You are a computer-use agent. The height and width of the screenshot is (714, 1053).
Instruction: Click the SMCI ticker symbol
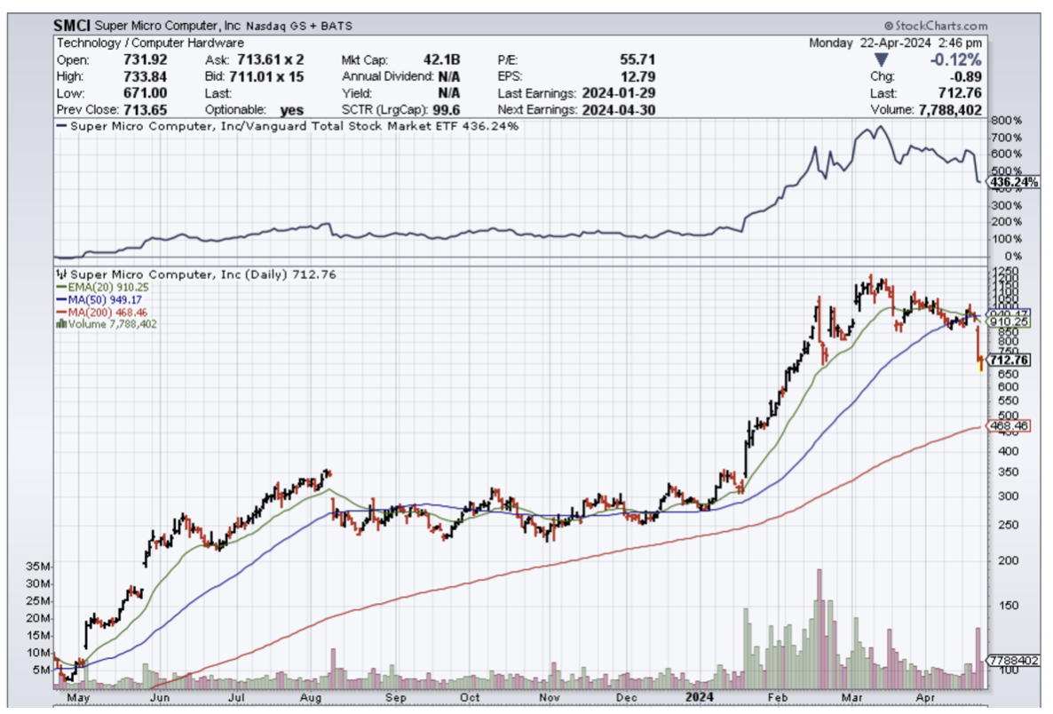click(71, 27)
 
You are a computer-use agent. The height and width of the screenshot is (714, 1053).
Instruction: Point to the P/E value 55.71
click(636, 59)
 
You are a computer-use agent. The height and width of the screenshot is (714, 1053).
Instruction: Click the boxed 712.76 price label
click(1009, 360)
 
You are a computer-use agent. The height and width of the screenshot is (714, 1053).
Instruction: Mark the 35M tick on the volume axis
click(39, 566)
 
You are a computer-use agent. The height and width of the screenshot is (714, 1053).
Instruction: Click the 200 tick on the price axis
click(1002, 560)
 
